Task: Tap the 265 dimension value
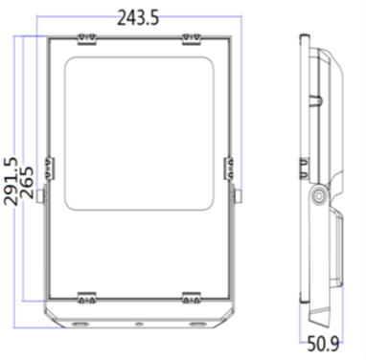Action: [29, 181]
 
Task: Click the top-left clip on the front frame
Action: [85, 37]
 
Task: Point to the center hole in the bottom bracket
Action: [139, 325]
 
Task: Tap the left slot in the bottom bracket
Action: [79, 325]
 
